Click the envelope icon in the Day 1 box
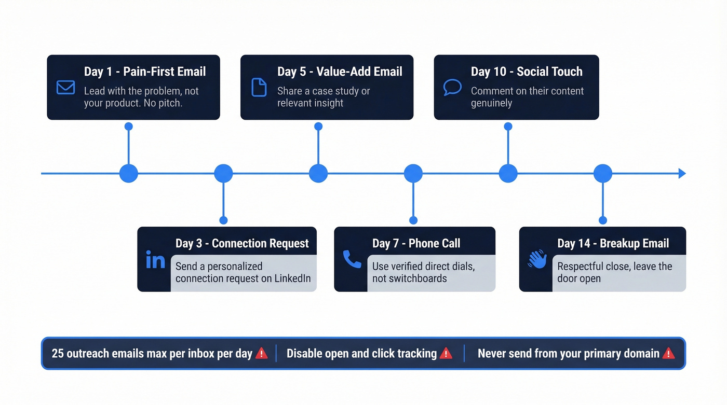coord(65,87)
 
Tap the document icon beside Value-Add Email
coord(259,87)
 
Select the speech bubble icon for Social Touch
coord(452,87)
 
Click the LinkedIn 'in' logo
coord(155,260)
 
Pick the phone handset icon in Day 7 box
coord(352,259)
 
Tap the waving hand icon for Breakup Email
coord(537,259)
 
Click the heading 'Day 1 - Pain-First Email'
coord(145,72)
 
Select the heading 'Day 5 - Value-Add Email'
coord(340,72)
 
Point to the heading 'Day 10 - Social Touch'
coord(527,72)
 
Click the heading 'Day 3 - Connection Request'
coord(242,243)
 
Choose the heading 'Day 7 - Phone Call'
coord(416,243)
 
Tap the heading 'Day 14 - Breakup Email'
coord(613,243)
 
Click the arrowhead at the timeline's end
coord(682,173)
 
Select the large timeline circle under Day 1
coord(129,173)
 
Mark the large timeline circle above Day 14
coord(603,173)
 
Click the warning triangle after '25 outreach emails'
coord(262,354)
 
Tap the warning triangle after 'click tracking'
coord(446,354)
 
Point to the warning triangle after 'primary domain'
coord(668,354)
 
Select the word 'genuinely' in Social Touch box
coord(491,103)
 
